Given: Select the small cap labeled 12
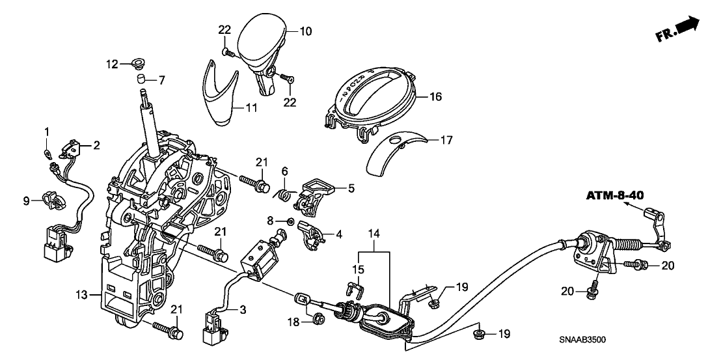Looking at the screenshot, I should pyautogui.click(x=136, y=63).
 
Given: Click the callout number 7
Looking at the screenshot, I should pyautogui.click(x=162, y=80).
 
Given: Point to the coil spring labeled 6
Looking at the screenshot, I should pyautogui.click(x=282, y=194).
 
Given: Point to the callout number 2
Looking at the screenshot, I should pyautogui.click(x=96, y=146).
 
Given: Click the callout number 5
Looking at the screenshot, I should pyautogui.click(x=351, y=189).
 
